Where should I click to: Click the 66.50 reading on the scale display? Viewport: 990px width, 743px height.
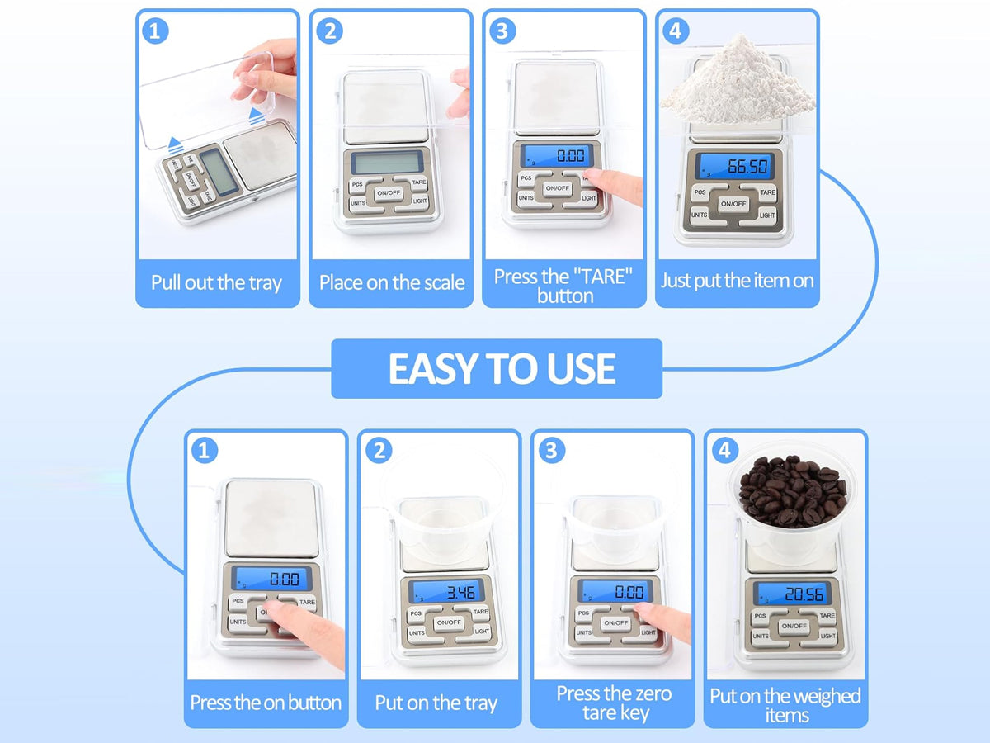pyautogui.click(x=747, y=167)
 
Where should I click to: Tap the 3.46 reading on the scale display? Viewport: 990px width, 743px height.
pyautogui.click(x=460, y=592)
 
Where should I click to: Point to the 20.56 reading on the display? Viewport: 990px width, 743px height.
pyautogui.click(x=804, y=594)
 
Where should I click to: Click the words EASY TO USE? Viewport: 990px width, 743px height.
pyautogui.click(x=502, y=368)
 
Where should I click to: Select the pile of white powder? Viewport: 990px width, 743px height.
pyautogui.click(x=738, y=81)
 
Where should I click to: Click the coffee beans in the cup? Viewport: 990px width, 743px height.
pyautogui.click(x=793, y=491)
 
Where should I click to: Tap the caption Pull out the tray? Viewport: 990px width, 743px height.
pyautogui.click(x=216, y=283)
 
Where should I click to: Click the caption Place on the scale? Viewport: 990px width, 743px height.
pyautogui.click(x=392, y=283)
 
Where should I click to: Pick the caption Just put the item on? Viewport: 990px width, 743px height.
pyautogui.click(x=738, y=281)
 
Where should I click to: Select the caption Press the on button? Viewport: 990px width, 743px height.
pyautogui.click(x=266, y=703)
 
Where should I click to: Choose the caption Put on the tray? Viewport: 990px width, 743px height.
pyautogui.click(x=436, y=703)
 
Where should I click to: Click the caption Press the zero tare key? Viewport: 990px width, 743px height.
pyautogui.click(x=615, y=703)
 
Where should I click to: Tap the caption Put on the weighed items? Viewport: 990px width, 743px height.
pyautogui.click(x=785, y=706)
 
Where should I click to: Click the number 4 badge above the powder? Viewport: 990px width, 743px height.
pyautogui.click(x=675, y=31)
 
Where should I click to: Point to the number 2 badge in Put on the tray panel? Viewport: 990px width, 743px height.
pyautogui.click(x=379, y=450)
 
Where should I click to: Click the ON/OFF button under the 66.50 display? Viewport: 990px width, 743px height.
pyautogui.click(x=733, y=204)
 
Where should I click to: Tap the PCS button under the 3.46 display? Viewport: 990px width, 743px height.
pyautogui.click(x=417, y=613)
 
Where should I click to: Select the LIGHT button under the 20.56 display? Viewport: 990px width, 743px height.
pyautogui.click(x=827, y=636)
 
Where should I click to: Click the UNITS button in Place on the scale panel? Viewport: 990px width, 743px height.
pyautogui.click(x=359, y=203)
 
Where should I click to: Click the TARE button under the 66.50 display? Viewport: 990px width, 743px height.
pyautogui.click(x=766, y=192)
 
